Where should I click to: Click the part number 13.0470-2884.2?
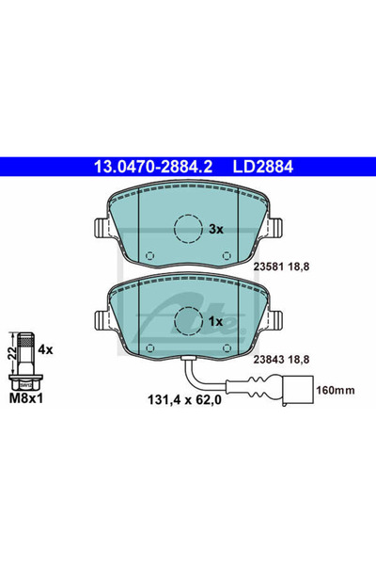click(153, 167)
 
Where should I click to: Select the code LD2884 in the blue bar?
click(263, 167)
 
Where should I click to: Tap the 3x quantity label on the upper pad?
click(216, 229)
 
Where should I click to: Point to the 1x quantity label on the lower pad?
click(216, 321)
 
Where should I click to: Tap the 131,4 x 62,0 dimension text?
click(184, 399)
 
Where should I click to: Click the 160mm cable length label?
click(336, 390)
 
